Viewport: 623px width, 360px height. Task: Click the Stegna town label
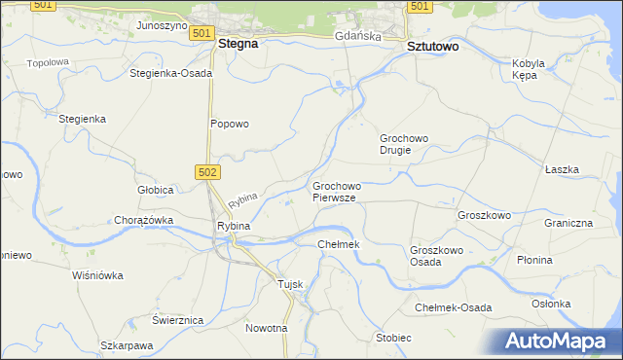tap(238, 44)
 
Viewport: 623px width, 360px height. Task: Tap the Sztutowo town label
tap(432, 46)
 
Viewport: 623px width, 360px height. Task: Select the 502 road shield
tap(209, 171)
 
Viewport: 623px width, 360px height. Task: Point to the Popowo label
tap(231, 124)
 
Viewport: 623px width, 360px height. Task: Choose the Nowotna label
tap(266, 328)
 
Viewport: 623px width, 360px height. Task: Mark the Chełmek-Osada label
tap(453, 307)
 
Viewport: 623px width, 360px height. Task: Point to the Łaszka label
tap(562, 169)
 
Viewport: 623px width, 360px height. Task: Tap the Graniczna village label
tap(568, 223)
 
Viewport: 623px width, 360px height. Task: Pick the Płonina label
tap(562, 260)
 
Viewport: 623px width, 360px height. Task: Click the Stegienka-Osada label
tap(170, 73)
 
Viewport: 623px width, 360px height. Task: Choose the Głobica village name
tap(155, 190)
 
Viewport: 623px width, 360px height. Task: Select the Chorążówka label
tap(143, 220)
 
